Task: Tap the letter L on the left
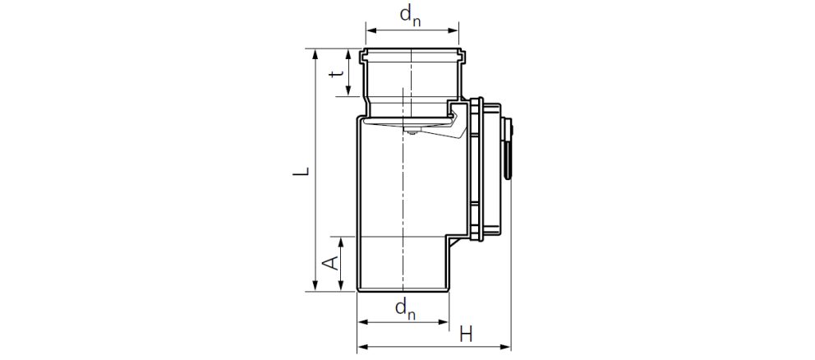(302, 171)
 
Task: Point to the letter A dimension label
(329, 263)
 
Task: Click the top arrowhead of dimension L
(315, 53)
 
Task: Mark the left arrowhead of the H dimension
(361, 346)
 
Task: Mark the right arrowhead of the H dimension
(506, 346)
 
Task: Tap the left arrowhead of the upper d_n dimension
(371, 31)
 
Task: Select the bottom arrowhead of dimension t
(349, 92)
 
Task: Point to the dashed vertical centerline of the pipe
(402, 197)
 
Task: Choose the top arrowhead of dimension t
(349, 53)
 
